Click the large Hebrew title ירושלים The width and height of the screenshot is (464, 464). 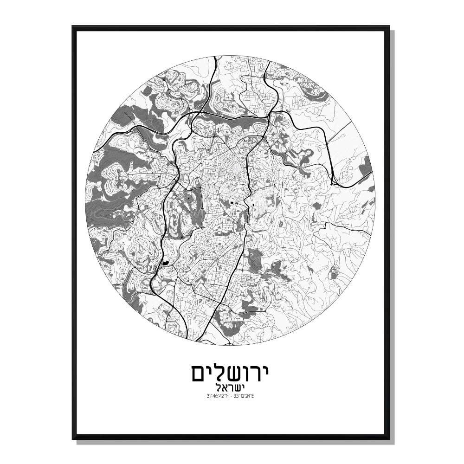[x=232, y=372]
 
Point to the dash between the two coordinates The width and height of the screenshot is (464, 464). [x=232, y=396]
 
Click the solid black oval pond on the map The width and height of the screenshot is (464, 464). [x=166, y=264]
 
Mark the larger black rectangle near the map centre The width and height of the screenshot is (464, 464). [x=231, y=202]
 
